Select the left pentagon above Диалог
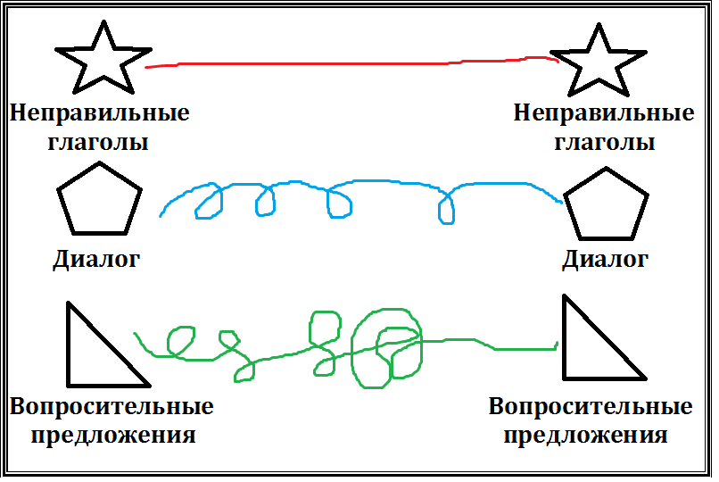click(99, 202)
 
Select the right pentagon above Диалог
click(607, 204)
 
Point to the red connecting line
click(357, 63)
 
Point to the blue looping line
click(357, 183)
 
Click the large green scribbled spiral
click(385, 347)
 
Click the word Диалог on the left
click(96, 261)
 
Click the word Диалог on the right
click(604, 261)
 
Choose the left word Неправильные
click(100, 114)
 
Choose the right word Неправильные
click(604, 114)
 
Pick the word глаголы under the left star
click(100, 142)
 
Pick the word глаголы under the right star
click(604, 142)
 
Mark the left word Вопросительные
click(112, 407)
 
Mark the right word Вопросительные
click(591, 407)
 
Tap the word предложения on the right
click(585, 436)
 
